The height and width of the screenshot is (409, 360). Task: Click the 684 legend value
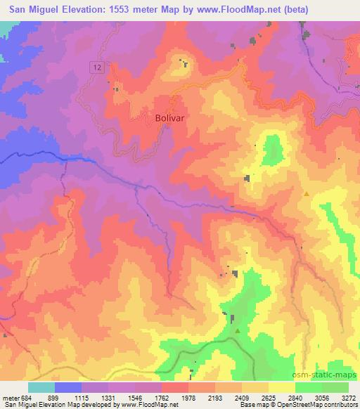27,397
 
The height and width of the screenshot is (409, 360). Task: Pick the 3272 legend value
347,397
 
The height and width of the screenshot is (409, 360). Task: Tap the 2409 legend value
240,397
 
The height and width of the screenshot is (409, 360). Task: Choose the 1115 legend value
82,397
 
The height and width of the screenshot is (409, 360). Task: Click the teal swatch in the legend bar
41,387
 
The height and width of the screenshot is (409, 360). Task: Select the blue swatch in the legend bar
68,387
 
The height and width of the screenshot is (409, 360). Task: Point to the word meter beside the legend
10,397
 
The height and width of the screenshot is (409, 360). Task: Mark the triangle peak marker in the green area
238,330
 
